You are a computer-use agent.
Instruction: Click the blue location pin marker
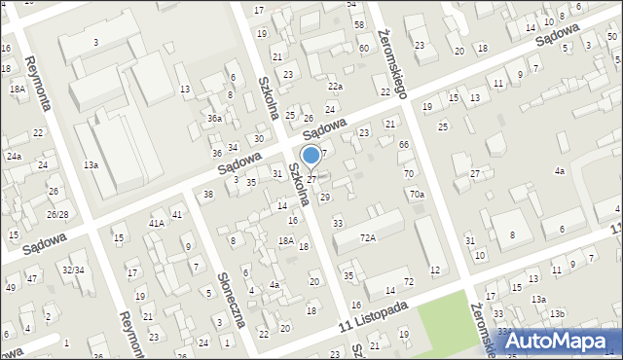(x=311, y=156)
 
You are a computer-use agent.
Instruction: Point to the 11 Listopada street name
(x=374, y=318)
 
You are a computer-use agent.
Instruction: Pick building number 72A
(x=367, y=236)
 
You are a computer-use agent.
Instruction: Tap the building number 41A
(x=156, y=223)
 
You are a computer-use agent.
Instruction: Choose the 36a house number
(x=214, y=119)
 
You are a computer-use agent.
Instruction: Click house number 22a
(x=335, y=87)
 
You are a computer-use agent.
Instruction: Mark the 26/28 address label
(x=56, y=214)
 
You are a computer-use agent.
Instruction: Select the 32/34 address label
(x=73, y=270)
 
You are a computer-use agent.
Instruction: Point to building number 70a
(x=417, y=195)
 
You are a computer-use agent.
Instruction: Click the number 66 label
(x=404, y=144)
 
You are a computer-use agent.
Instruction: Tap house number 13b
(x=557, y=313)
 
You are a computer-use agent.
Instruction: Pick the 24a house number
(x=14, y=156)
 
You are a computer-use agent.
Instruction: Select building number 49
(x=11, y=287)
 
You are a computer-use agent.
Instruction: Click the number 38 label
(x=208, y=195)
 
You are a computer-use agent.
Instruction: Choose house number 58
(x=359, y=24)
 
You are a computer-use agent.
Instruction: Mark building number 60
(x=363, y=48)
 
